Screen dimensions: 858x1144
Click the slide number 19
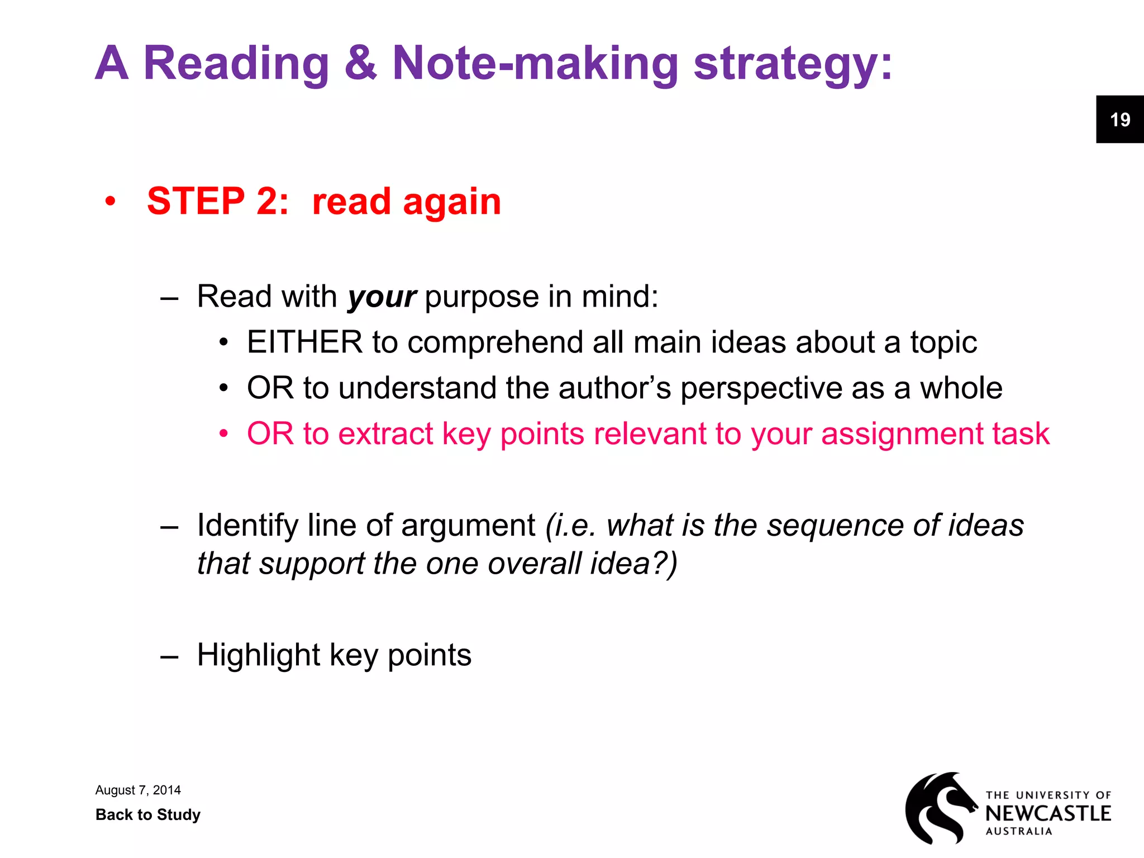tap(1119, 120)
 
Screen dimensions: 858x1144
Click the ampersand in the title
tap(360, 63)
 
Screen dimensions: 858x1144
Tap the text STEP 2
tap(217, 201)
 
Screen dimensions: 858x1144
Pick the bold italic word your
tap(382, 297)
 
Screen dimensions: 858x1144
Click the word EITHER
tap(305, 342)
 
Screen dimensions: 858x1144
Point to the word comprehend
tap(495, 343)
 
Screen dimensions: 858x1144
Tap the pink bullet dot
tap(223, 433)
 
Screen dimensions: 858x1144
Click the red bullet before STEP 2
tap(111, 201)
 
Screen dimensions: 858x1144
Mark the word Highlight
tap(259, 655)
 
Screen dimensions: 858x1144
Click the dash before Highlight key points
tap(169, 656)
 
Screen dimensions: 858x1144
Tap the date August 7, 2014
tap(138, 790)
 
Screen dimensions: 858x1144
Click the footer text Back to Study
tap(148, 814)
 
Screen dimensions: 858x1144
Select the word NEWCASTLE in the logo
tap(1048, 813)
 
